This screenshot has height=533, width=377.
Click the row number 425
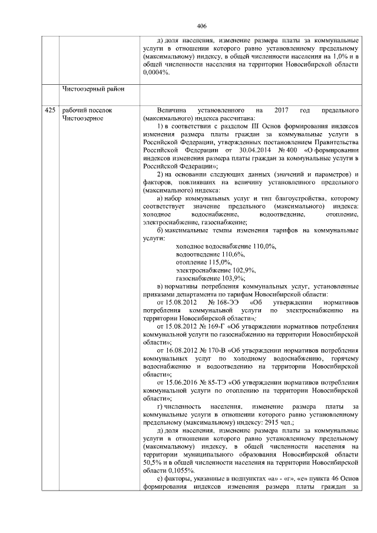50,110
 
